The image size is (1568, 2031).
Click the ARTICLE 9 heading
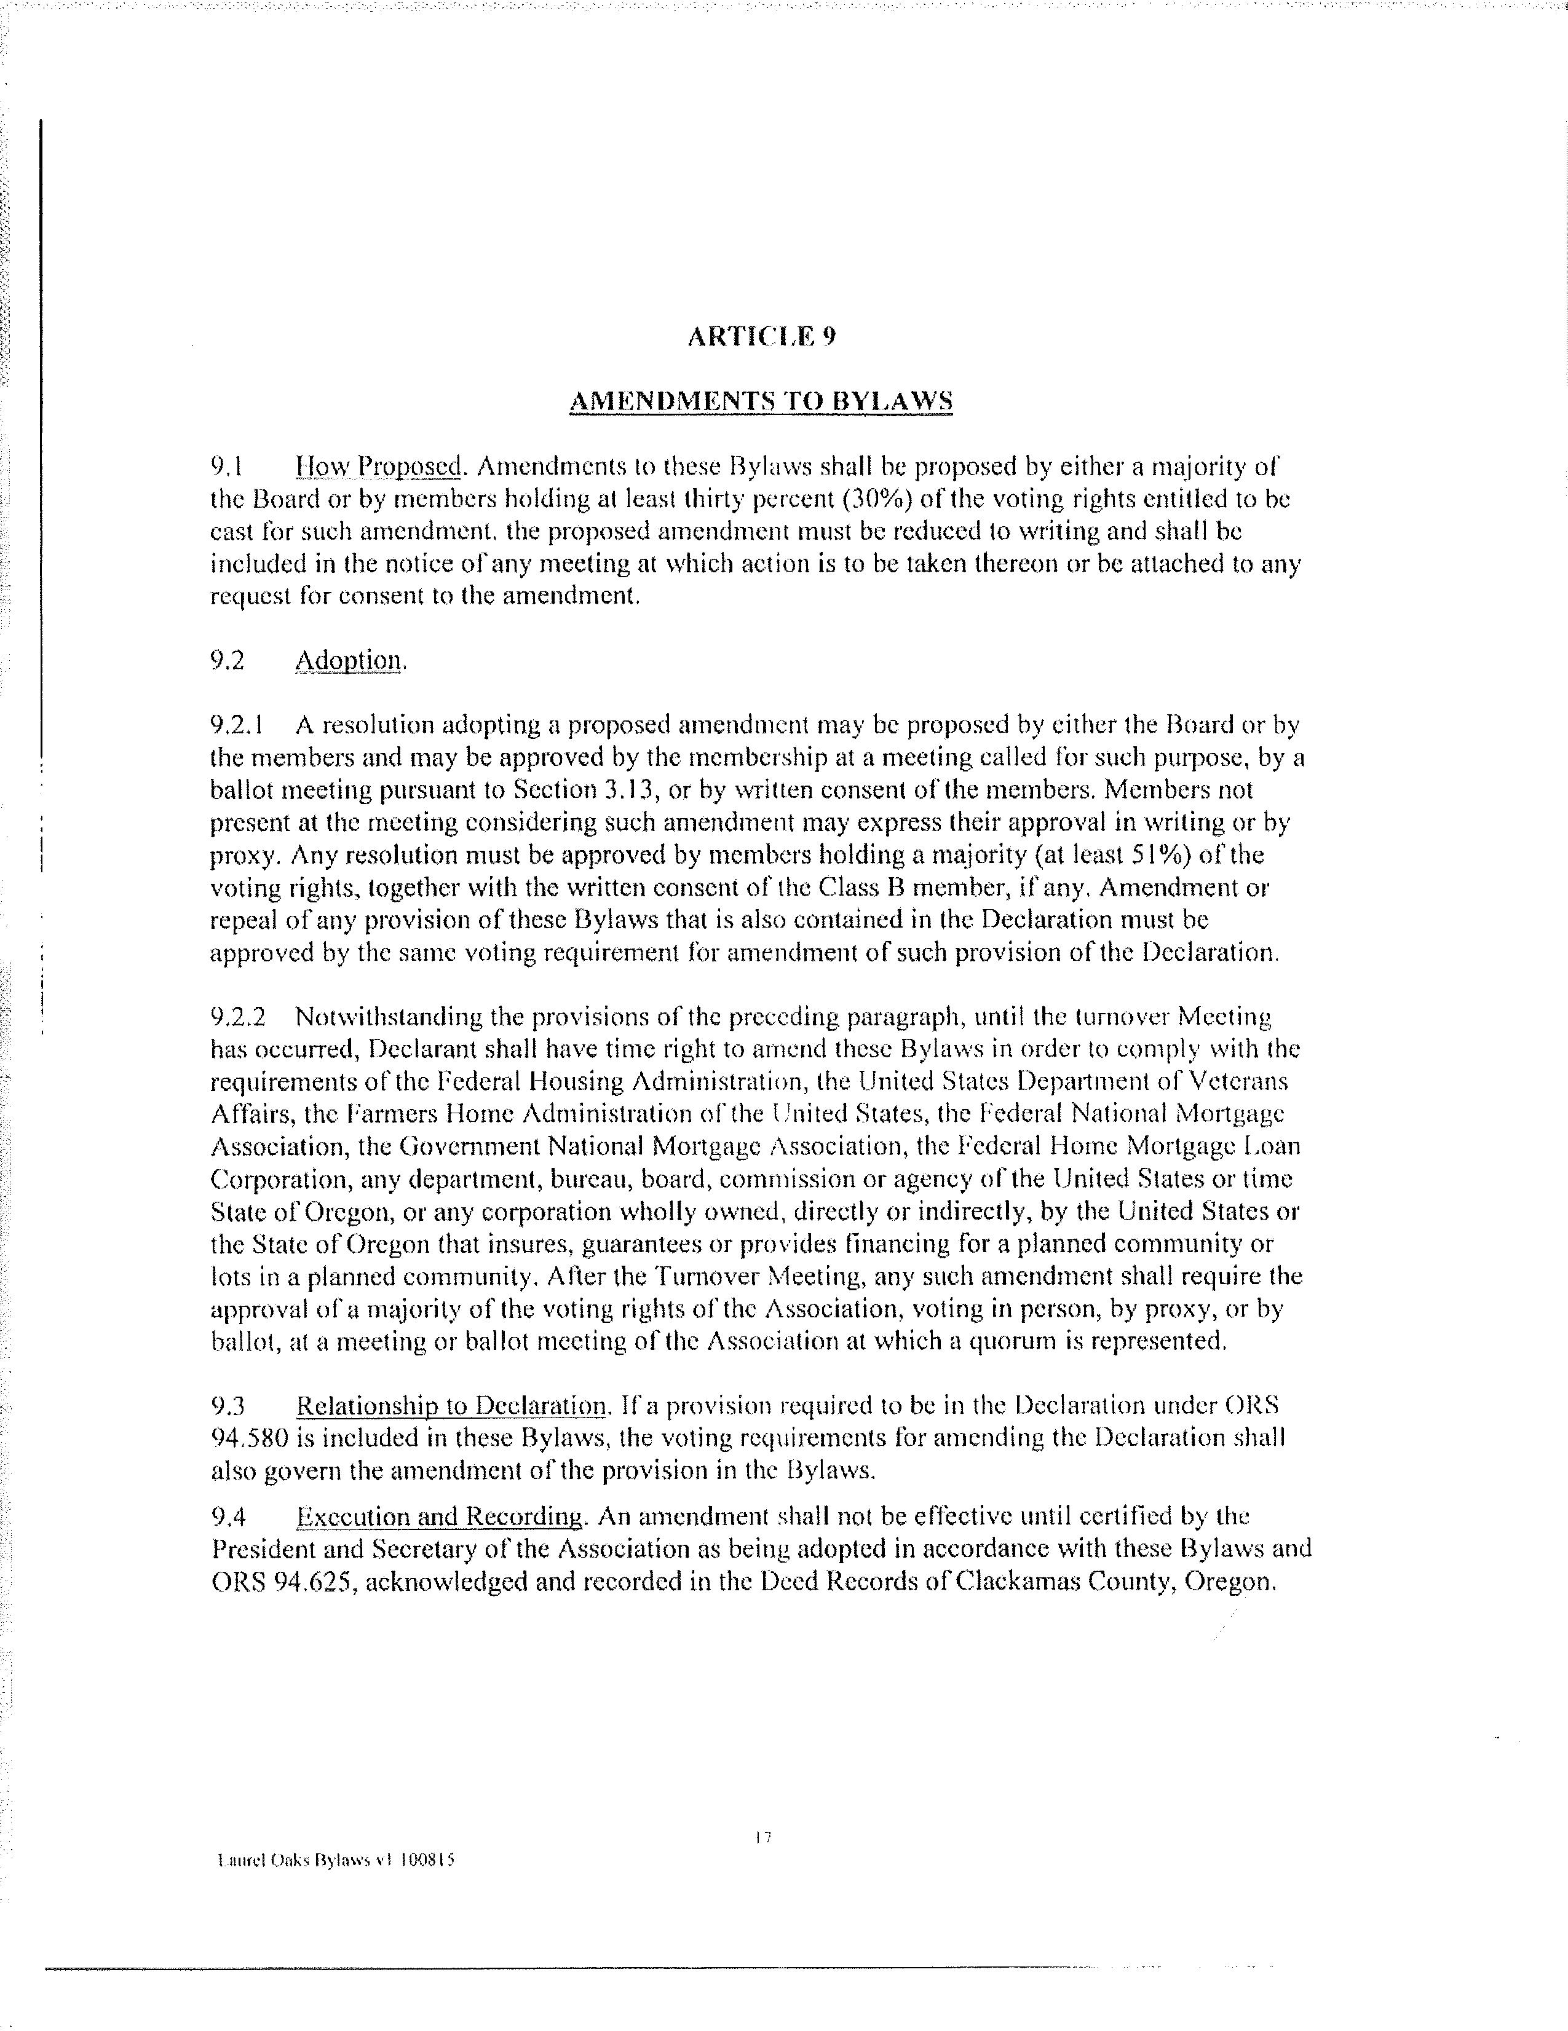pyautogui.click(x=761, y=337)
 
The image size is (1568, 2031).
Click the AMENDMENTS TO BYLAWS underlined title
pyautogui.click(x=761, y=402)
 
